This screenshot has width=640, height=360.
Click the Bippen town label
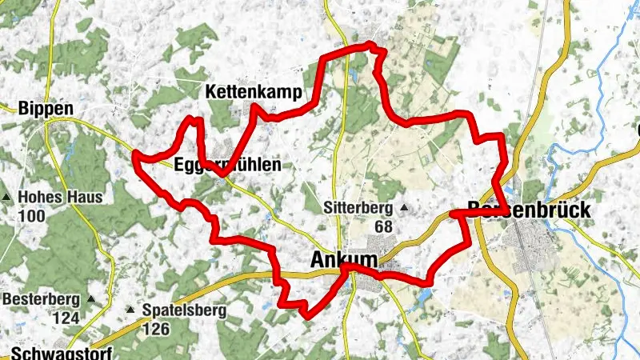[x=46, y=109]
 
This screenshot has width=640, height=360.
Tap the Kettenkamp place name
[x=254, y=92]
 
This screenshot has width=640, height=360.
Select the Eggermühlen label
[x=228, y=166]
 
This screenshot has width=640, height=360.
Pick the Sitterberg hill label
[x=360, y=208]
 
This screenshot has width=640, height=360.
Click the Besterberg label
[x=42, y=300]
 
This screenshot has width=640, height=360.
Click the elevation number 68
[x=383, y=226]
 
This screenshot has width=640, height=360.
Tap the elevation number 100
[x=31, y=216]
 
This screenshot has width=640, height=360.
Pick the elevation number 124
[x=66, y=318]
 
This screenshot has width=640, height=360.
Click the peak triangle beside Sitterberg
[x=404, y=208]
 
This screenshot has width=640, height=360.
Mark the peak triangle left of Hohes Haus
[x=7, y=197]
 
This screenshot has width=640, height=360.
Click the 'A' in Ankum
[x=317, y=261]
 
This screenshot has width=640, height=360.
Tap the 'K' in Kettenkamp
[x=211, y=92]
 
